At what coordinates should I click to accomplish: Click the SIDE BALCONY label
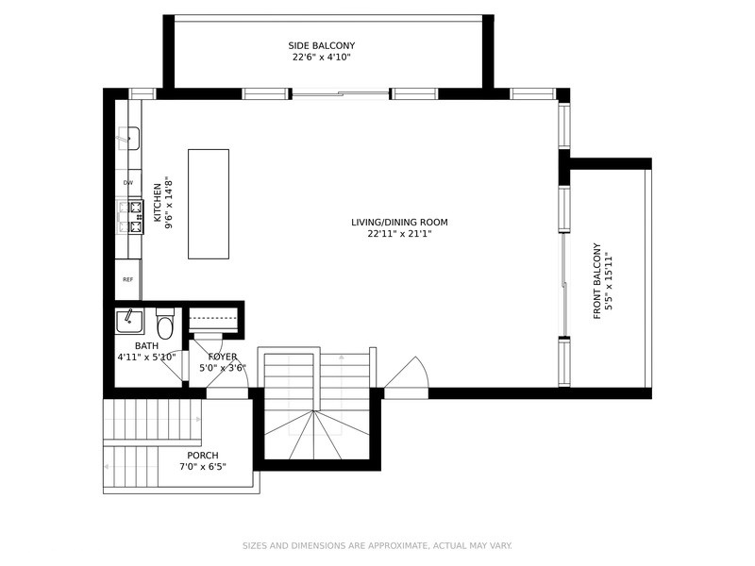(x=322, y=45)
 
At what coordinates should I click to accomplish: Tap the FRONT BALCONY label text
(x=597, y=281)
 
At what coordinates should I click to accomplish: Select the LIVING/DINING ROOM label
(x=399, y=223)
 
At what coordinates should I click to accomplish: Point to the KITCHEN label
(x=158, y=203)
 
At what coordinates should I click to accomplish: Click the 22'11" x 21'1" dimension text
(x=399, y=234)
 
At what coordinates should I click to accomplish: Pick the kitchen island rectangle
(x=209, y=204)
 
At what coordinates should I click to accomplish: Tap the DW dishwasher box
(x=128, y=183)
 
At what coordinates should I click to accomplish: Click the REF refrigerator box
(x=127, y=279)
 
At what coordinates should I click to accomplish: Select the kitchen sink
(x=128, y=139)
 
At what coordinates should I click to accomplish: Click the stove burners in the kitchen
(x=131, y=217)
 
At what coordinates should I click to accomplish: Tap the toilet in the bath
(x=165, y=323)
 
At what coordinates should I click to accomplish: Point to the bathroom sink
(x=129, y=322)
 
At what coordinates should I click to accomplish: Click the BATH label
(x=146, y=346)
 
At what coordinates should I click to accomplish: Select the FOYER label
(x=223, y=357)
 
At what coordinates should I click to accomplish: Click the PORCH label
(x=203, y=456)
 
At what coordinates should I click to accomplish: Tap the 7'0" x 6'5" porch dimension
(x=203, y=467)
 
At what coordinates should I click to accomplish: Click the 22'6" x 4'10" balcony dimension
(x=322, y=58)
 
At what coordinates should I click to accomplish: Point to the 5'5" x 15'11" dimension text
(x=610, y=281)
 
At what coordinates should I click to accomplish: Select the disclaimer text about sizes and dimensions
(x=377, y=546)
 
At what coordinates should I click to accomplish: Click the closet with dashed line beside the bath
(x=214, y=319)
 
